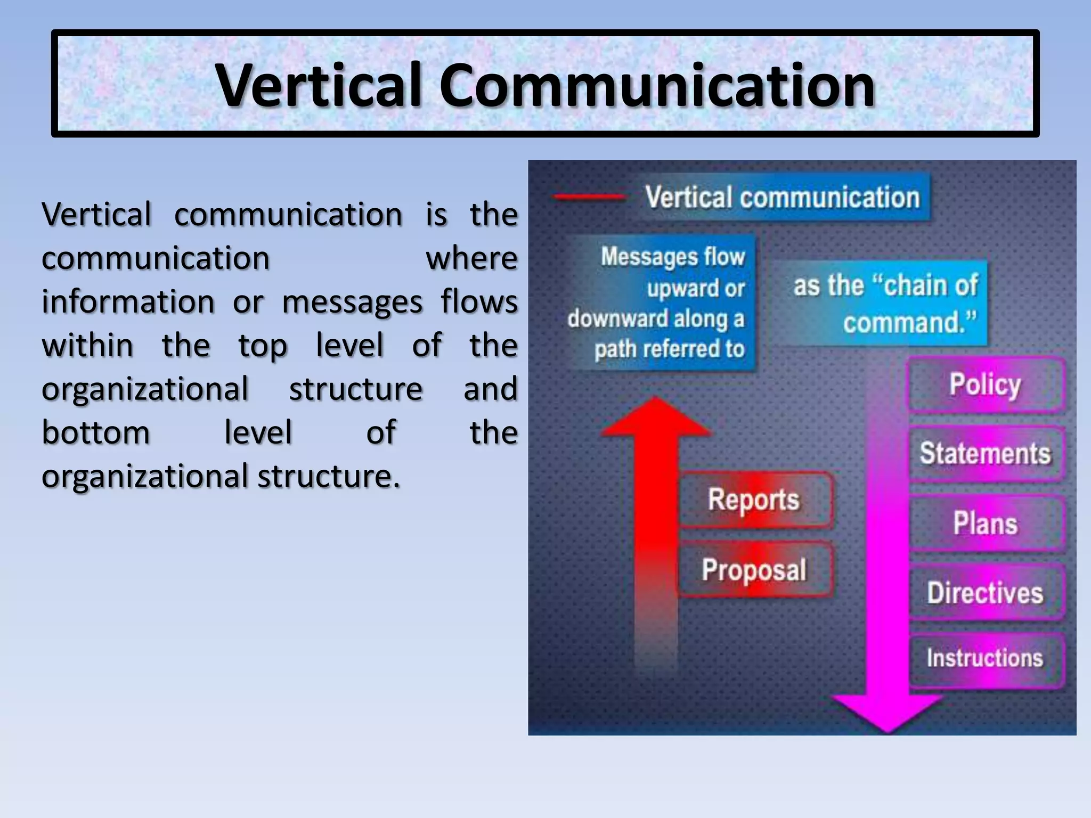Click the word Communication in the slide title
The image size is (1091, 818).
[x=657, y=85]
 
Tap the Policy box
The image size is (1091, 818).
[x=986, y=385]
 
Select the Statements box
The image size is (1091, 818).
[x=986, y=454]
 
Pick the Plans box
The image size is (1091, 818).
[x=986, y=523]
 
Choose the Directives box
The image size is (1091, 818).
[x=986, y=592]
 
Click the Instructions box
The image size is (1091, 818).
[x=986, y=658]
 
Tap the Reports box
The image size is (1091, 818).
[x=754, y=500]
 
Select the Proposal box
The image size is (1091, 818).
[x=754, y=570]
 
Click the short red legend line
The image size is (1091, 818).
[x=589, y=197]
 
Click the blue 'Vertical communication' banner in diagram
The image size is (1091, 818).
[x=783, y=197]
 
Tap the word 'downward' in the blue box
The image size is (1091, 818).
[x=618, y=318]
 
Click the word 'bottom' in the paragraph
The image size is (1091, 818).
[x=96, y=432]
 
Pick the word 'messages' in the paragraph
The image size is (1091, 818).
[x=352, y=302]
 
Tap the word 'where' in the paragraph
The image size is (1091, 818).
[x=471, y=258]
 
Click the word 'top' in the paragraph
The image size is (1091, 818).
[x=263, y=346]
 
